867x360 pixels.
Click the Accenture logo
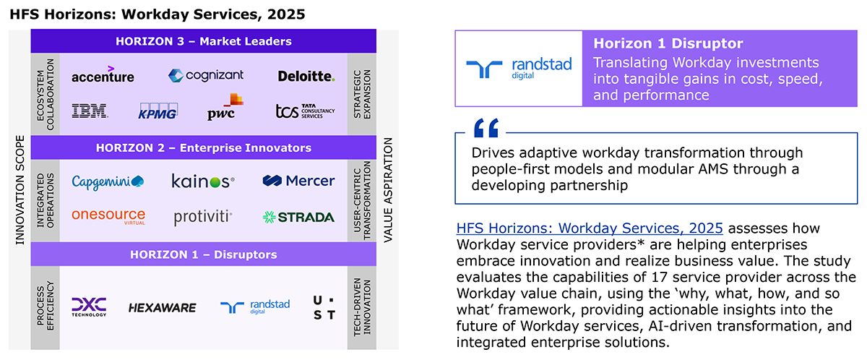(x=103, y=74)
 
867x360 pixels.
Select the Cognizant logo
(x=205, y=75)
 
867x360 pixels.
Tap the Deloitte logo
(x=306, y=76)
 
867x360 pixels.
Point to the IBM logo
(x=90, y=111)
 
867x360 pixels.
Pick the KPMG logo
(x=158, y=111)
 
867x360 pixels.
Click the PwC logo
(x=225, y=106)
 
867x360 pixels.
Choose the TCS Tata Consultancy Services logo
(x=305, y=111)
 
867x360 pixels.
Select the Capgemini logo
(x=108, y=182)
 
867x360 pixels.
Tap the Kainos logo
(x=203, y=181)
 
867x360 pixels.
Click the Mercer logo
(x=298, y=181)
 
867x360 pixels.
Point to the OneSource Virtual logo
(x=108, y=216)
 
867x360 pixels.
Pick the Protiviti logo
(x=203, y=217)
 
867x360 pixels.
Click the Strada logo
(x=298, y=217)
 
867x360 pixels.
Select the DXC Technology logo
(x=89, y=307)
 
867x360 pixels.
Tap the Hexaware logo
(x=162, y=308)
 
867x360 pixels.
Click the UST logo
(x=324, y=308)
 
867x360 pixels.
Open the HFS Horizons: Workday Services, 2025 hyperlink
(x=590, y=228)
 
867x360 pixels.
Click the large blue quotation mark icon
(x=486, y=128)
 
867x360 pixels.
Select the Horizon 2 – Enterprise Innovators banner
(x=204, y=147)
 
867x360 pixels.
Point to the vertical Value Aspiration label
(x=388, y=190)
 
